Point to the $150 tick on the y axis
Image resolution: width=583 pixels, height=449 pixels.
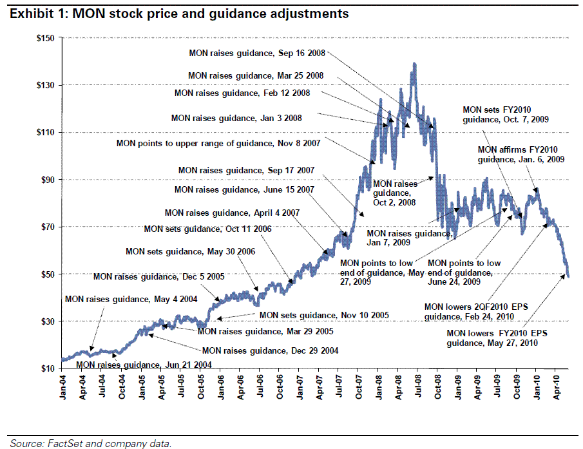[46, 38]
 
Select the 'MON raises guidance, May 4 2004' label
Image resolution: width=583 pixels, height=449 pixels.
[131, 299]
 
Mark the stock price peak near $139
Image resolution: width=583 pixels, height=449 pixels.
[414, 64]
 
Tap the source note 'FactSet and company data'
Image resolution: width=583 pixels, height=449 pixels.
[90, 443]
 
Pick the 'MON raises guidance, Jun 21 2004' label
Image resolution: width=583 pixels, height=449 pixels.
[144, 365]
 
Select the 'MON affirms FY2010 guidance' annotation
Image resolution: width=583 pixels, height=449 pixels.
[521, 155]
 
